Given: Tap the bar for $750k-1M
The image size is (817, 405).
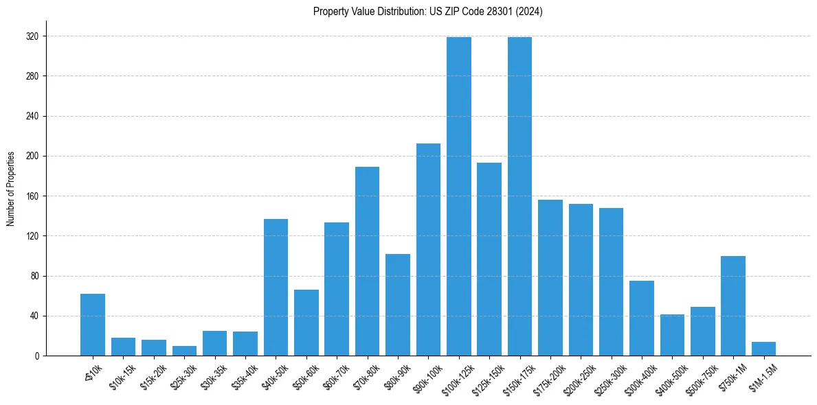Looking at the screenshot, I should pos(733,305).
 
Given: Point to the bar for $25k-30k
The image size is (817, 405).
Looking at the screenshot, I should pos(184,351).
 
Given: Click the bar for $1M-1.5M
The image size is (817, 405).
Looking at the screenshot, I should pos(763,349).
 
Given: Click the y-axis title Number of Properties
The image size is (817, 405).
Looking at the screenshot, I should pos(11,189).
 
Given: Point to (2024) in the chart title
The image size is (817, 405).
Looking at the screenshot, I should pos(530,12).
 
